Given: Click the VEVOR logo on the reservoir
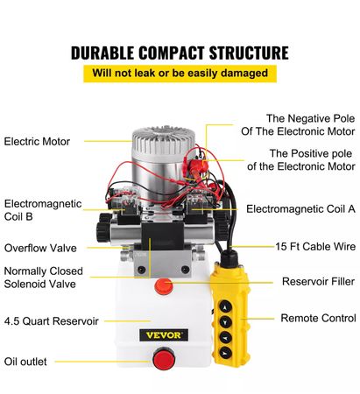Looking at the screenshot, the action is click(164, 335).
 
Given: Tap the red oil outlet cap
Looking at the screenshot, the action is click(164, 358).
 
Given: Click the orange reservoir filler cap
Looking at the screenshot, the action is click(164, 286).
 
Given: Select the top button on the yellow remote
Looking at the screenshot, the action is click(225, 307).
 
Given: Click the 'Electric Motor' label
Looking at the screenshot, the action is click(37, 142).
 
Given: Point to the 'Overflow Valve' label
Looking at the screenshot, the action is click(40, 248).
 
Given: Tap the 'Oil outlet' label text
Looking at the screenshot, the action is click(25, 362).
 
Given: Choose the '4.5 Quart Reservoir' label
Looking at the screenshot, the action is click(52, 321).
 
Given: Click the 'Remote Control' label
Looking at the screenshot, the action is click(318, 318).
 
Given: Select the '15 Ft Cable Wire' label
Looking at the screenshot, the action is click(315, 247).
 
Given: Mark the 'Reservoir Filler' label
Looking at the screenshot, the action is click(318, 282).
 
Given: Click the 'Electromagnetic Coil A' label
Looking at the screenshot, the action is click(300, 209).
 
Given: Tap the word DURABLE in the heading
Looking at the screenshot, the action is click(102, 53).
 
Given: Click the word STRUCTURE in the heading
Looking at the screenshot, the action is click(249, 53).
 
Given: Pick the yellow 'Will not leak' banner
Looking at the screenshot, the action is click(180, 73).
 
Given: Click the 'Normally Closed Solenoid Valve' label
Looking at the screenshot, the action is click(44, 278).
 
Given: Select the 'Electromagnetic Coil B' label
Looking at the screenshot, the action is click(43, 210).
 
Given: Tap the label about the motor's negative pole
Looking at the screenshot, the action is click(298, 125).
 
